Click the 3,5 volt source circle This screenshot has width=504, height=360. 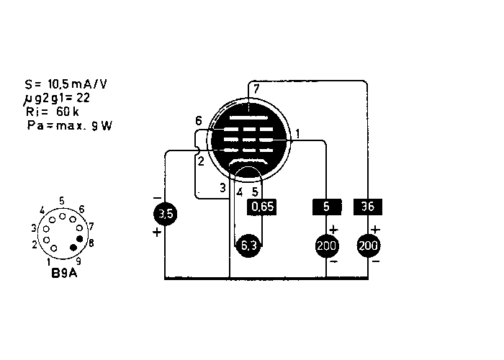pos(165,213)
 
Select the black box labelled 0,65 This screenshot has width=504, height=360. pos(261,207)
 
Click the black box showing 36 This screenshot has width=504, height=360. pos(369,207)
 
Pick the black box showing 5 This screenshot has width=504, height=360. pos(326,207)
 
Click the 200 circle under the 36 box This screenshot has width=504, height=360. pos(369,246)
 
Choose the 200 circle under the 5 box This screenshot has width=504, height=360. pos(326,246)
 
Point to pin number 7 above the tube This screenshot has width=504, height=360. pos(255,88)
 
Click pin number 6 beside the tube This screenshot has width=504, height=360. pos(199,120)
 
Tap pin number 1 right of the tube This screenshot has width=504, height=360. pos(297,133)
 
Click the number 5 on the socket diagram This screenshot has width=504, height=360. pos(63,201)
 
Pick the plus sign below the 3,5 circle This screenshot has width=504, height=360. pos(156,232)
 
